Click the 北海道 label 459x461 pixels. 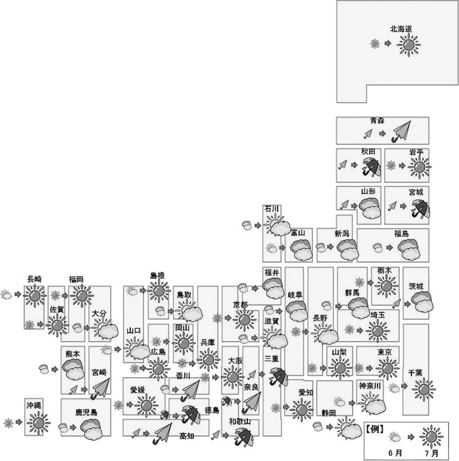coord(400,29)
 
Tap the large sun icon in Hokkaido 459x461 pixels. coord(409,45)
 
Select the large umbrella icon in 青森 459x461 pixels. coord(400,132)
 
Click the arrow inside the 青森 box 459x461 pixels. coord(382,134)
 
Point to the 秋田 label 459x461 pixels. coord(368,151)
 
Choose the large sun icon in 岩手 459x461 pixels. coord(419,167)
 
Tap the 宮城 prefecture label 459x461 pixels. coord(416,192)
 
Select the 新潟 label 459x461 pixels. coord(341,234)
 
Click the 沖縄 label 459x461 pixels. coord(33,405)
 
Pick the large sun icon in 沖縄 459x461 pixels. coord(38,423)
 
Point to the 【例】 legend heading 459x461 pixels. coord(375,429)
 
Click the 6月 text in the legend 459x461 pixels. coord(395,453)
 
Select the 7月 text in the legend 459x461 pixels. coord(431,453)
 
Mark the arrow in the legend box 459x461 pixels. coord(411,437)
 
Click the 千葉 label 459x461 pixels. coord(415,373)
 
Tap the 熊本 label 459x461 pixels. coord(73,354)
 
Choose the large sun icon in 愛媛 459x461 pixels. coord(146,406)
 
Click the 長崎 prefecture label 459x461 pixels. coord(34,279)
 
